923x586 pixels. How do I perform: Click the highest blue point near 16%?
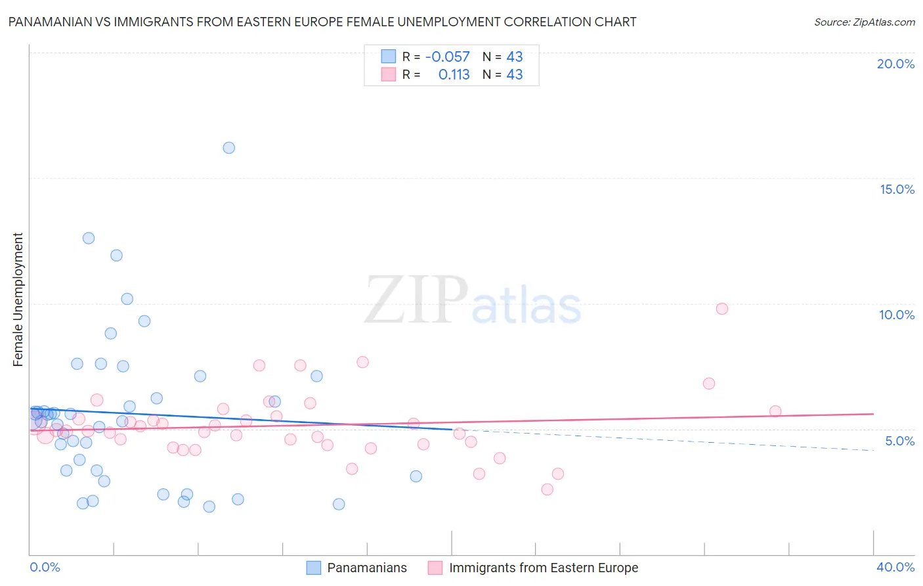(x=228, y=148)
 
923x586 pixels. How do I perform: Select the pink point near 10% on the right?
(x=722, y=309)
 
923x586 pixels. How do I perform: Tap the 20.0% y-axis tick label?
(x=895, y=64)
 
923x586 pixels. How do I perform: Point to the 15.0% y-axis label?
(x=897, y=189)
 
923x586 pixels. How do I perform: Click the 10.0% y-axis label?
(x=897, y=315)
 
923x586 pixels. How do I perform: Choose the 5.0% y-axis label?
(x=899, y=441)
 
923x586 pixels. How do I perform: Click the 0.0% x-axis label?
(x=45, y=567)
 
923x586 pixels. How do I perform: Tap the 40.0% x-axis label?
(x=895, y=567)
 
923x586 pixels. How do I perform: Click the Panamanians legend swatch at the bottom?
(x=314, y=568)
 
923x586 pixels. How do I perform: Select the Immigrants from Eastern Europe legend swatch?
(x=435, y=568)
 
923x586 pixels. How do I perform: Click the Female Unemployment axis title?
(x=18, y=299)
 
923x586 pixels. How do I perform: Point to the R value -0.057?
(x=448, y=57)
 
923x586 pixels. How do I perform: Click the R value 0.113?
(x=454, y=75)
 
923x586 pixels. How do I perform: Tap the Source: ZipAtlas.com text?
(x=864, y=22)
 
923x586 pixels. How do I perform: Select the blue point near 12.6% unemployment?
(x=89, y=238)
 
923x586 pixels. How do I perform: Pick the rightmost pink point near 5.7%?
(x=775, y=411)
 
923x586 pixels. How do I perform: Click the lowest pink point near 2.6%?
(x=547, y=489)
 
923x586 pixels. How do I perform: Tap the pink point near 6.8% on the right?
(x=708, y=384)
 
